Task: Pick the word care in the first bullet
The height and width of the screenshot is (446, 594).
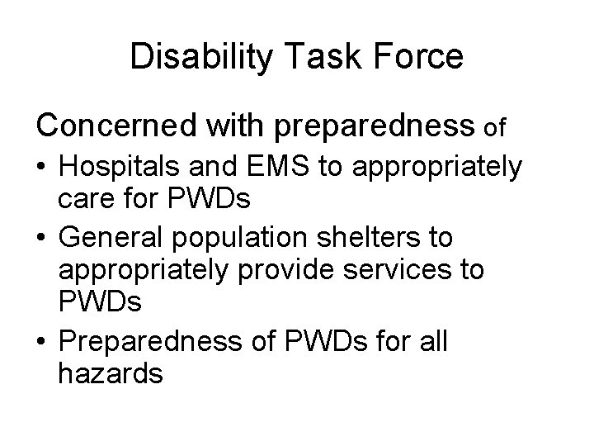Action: point(83,198)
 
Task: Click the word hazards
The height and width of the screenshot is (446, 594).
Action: point(111,372)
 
